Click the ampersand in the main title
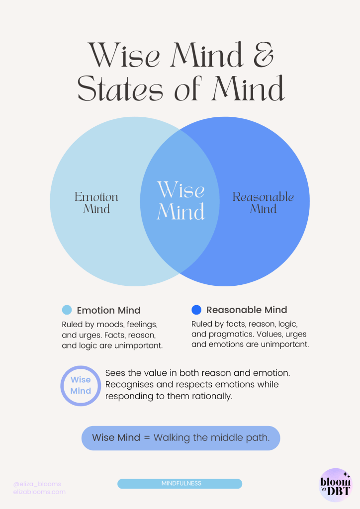point(263,55)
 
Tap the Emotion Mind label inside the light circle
point(96,203)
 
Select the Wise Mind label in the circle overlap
point(181,201)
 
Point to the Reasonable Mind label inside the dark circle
point(263,203)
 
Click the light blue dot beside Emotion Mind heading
point(67,310)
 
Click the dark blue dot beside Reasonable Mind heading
point(196,310)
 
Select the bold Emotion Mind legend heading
point(108,310)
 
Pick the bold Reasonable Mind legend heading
point(247,310)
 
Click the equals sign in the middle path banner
point(147,437)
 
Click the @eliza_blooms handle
point(37,484)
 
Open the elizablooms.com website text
point(39,492)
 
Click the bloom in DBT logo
point(336,485)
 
